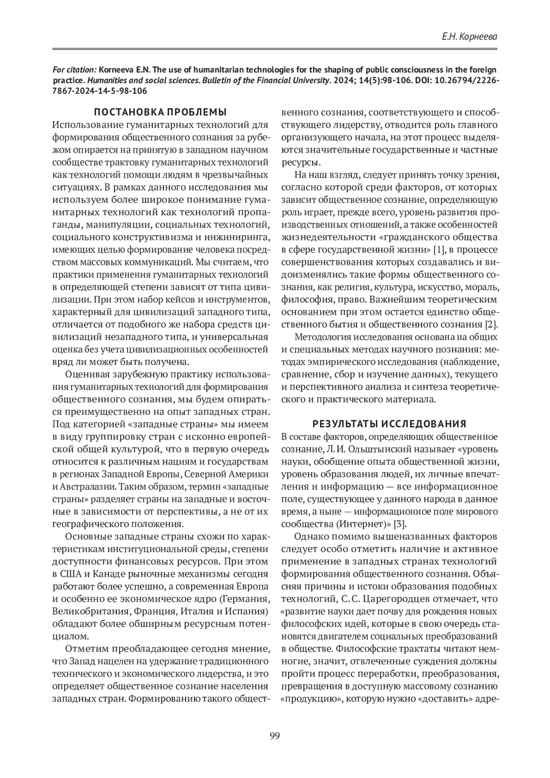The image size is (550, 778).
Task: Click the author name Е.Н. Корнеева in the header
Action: click(469, 36)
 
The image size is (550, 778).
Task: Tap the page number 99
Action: click(275, 736)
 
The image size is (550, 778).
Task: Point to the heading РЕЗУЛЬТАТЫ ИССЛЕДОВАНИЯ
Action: click(389, 423)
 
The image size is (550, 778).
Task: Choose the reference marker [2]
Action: click(491, 325)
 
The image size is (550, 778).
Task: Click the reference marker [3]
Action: click(400, 524)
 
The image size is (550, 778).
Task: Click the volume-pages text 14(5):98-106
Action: click(396, 80)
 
